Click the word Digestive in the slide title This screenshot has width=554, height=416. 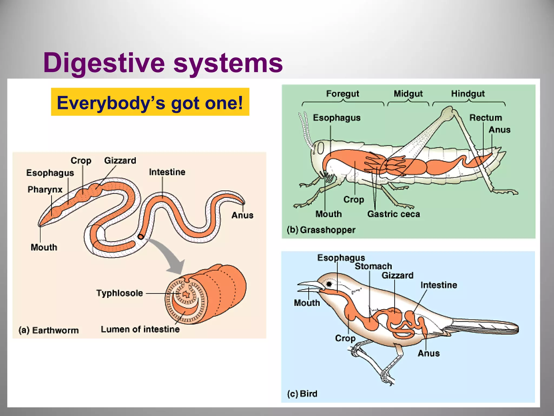[x=104, y=63]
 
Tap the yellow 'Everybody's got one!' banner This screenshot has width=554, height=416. [x=150, y=102]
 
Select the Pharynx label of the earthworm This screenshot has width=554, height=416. [x=45, y=189]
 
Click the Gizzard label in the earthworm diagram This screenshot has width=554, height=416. [x=120, y=161]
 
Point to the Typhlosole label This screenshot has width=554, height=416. [x=120, y=293]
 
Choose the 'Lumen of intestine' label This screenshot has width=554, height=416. [x=140, y=329]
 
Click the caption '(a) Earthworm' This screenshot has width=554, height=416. [x=49, y=330]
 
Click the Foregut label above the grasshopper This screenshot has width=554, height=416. [x=342, y=94]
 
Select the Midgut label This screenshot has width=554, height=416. [x=408, y=94]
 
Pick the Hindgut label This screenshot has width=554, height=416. [x=468, y=94]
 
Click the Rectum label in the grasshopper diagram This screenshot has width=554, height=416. [x=486, y=118]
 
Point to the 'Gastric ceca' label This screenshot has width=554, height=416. [x=394, y=214]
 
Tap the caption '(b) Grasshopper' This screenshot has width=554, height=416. [x=321, y=230]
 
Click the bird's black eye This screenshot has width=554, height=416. [x=329, y=284]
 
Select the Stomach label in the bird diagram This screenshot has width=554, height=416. [x=373, y=266]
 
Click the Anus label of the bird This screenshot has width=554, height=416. [x=429, y=353]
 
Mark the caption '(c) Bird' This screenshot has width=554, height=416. [x=302, y=394]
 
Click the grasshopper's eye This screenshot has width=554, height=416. [x=320, y=148]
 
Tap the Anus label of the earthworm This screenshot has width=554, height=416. [x=242, y=215]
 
